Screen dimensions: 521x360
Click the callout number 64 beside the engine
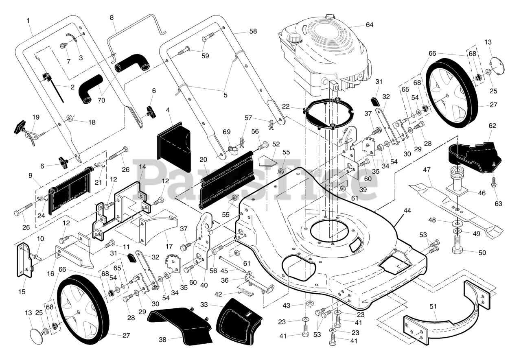(369, 25)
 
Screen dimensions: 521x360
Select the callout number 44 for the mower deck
(407, 211)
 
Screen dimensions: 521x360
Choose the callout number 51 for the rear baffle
(433, 306)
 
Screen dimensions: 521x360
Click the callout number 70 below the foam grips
(101, 100)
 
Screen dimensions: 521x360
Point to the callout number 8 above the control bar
(112, 17)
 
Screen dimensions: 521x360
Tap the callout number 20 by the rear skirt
(203, 160)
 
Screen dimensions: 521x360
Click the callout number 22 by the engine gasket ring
(286, 106)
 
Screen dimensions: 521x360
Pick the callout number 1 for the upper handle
(28, 21)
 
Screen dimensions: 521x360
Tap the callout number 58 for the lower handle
(253, 31)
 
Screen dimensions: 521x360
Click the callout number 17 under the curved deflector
(169, 246)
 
